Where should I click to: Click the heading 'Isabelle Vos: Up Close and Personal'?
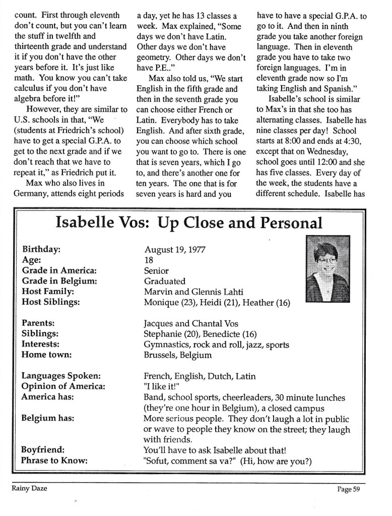pos(189,222)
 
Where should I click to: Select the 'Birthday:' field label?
pos(42,250)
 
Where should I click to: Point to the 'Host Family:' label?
pos(48,292)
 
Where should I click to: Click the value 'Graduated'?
pos(164,281)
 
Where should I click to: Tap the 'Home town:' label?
pos(46,355)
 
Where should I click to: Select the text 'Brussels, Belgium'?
pos(177,355)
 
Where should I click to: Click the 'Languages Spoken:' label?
pos(61,376)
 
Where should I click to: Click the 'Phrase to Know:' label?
pos(54,460)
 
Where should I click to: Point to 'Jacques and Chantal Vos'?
pos(191,323)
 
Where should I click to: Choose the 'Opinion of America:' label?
pos(63,386)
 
